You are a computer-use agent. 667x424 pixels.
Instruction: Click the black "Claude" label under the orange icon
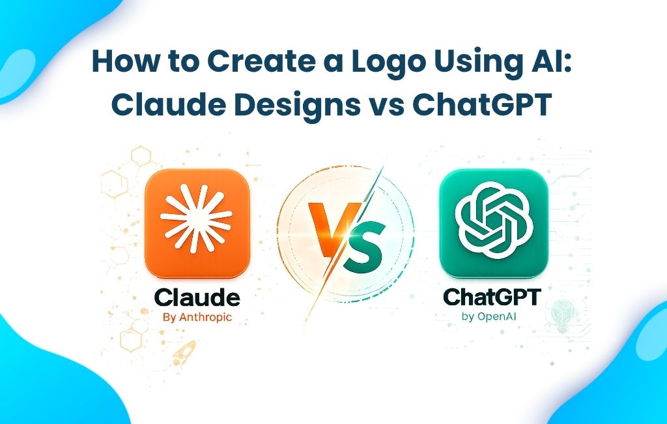197,299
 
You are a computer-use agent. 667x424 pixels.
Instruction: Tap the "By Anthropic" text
196,318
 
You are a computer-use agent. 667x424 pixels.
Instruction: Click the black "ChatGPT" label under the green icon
492,298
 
